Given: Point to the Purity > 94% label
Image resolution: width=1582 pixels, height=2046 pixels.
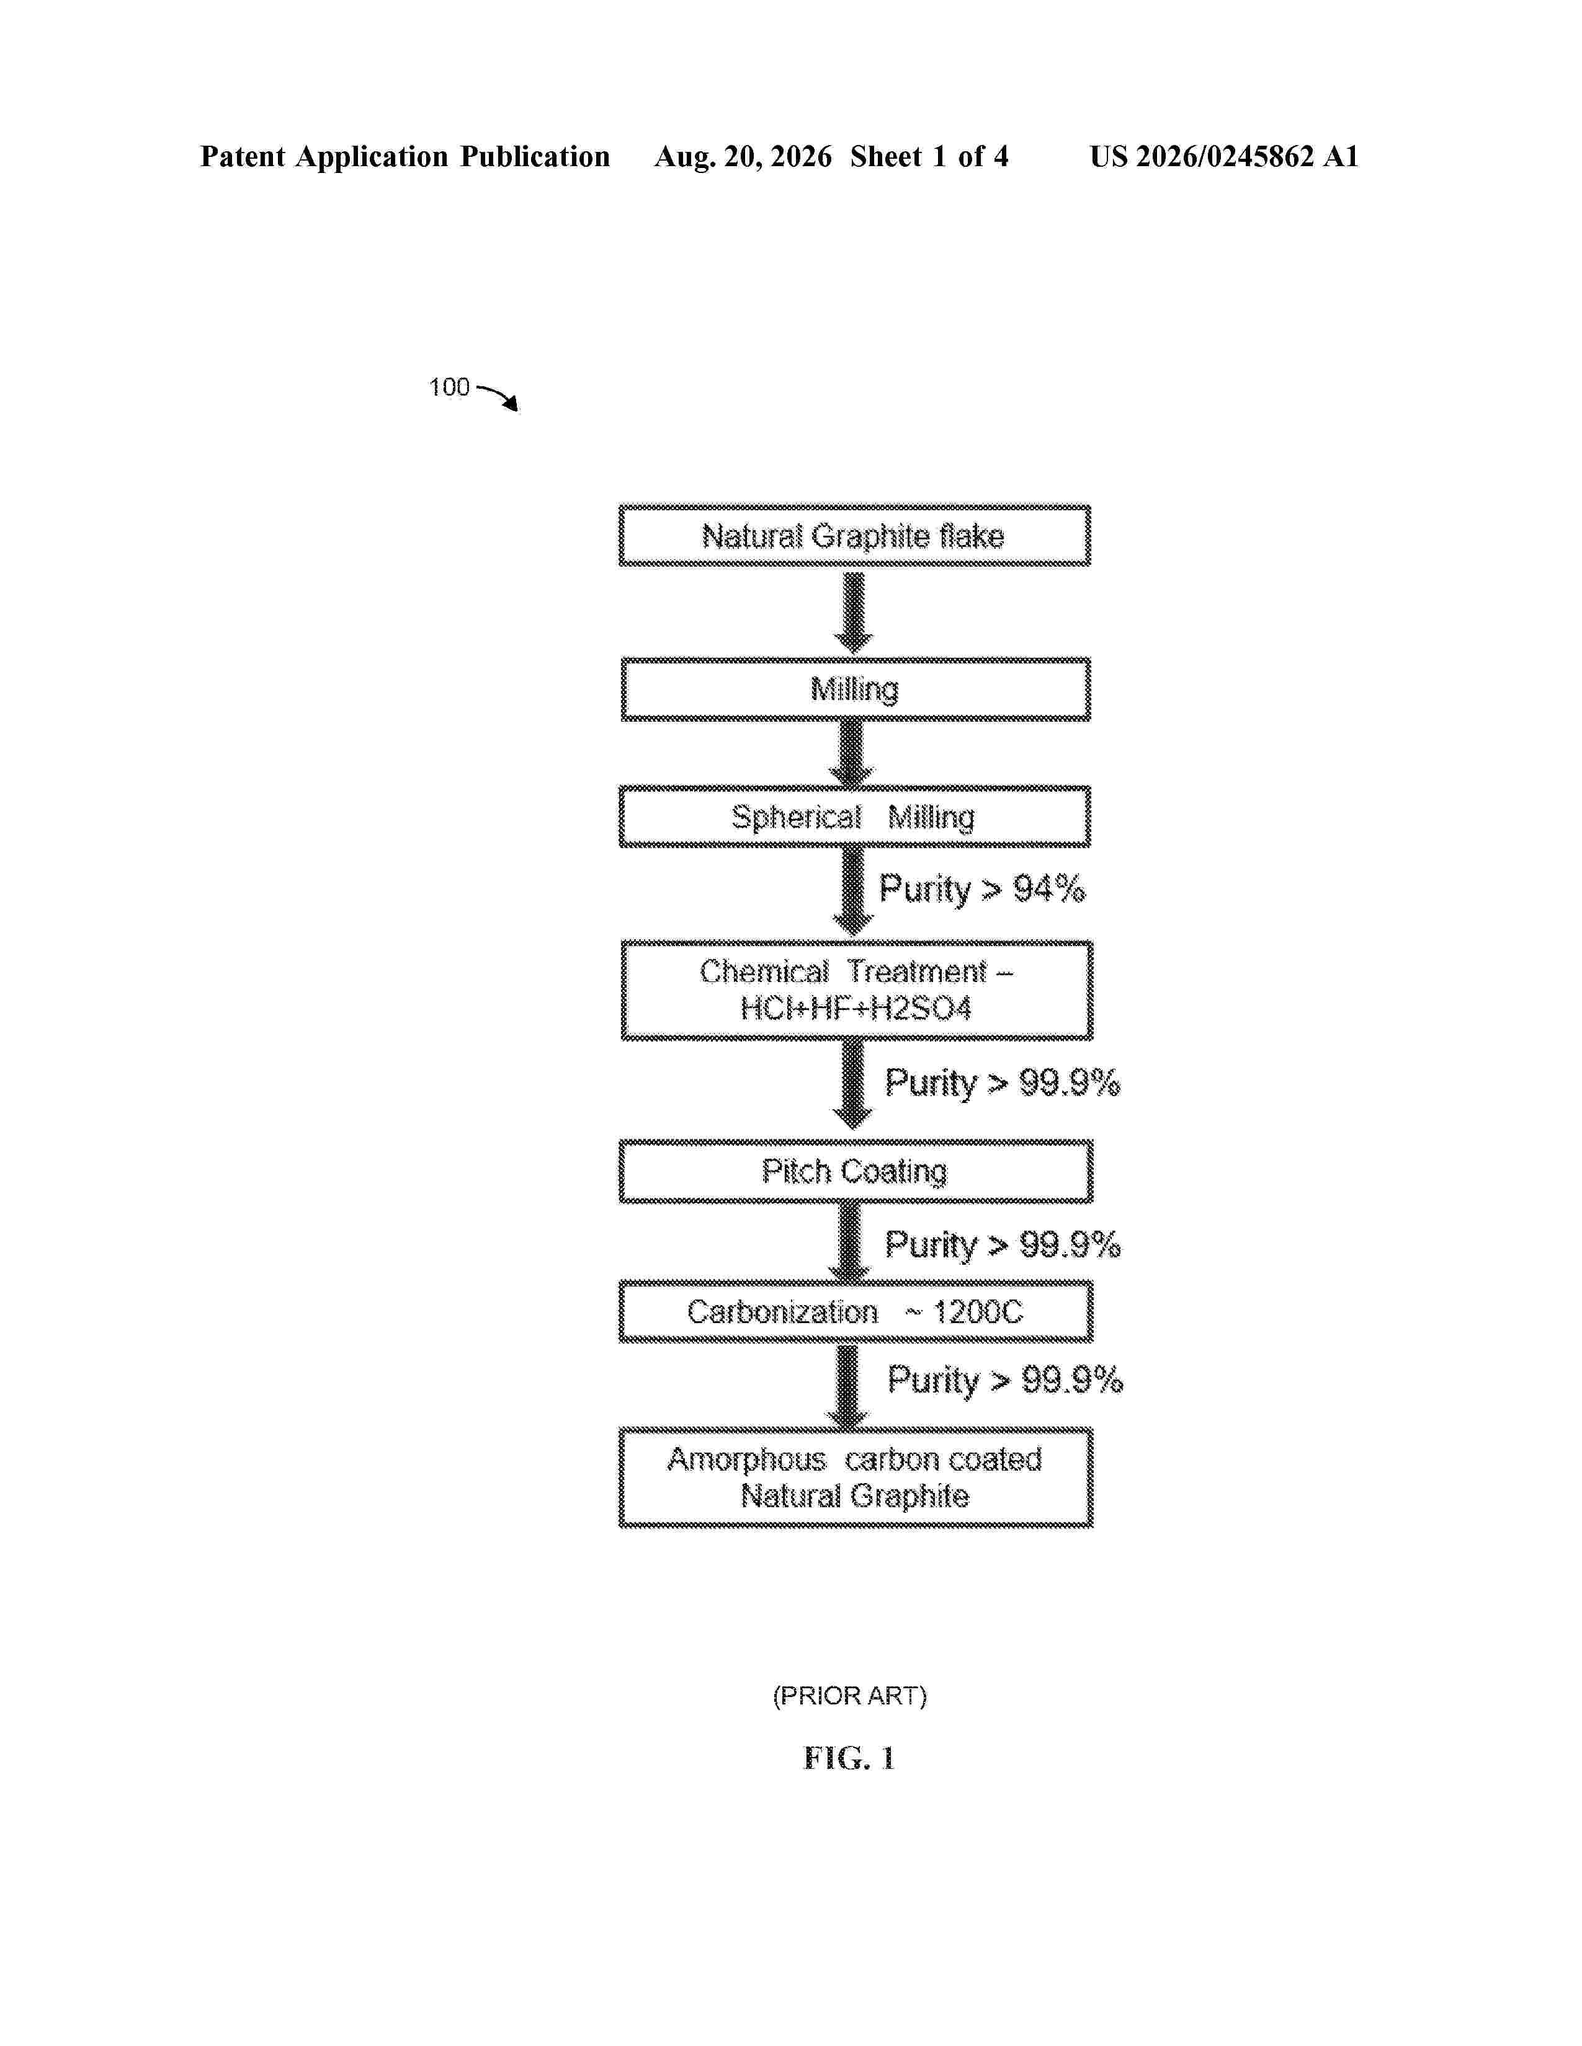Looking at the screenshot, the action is (981, 889).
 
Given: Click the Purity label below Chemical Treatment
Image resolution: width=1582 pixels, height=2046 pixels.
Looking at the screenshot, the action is (1002, 1083).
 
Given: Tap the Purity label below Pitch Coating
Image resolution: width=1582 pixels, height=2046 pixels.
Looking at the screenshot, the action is (1002, 1245).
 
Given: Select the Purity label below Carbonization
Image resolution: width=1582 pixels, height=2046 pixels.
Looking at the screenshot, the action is (1004, 1380).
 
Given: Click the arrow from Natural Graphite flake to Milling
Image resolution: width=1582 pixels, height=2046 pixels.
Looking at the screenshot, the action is (854, 613).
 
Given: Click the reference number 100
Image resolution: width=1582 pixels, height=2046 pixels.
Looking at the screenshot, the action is (449, 387).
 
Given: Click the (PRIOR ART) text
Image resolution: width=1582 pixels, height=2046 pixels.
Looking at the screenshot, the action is (850, 1696).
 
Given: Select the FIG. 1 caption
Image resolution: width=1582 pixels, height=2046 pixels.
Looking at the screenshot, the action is (849, 1758).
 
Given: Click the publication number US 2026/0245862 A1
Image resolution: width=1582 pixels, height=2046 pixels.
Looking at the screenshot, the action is (1224, 156).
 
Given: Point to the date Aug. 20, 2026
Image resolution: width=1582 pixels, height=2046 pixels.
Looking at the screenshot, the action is (742, 156).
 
